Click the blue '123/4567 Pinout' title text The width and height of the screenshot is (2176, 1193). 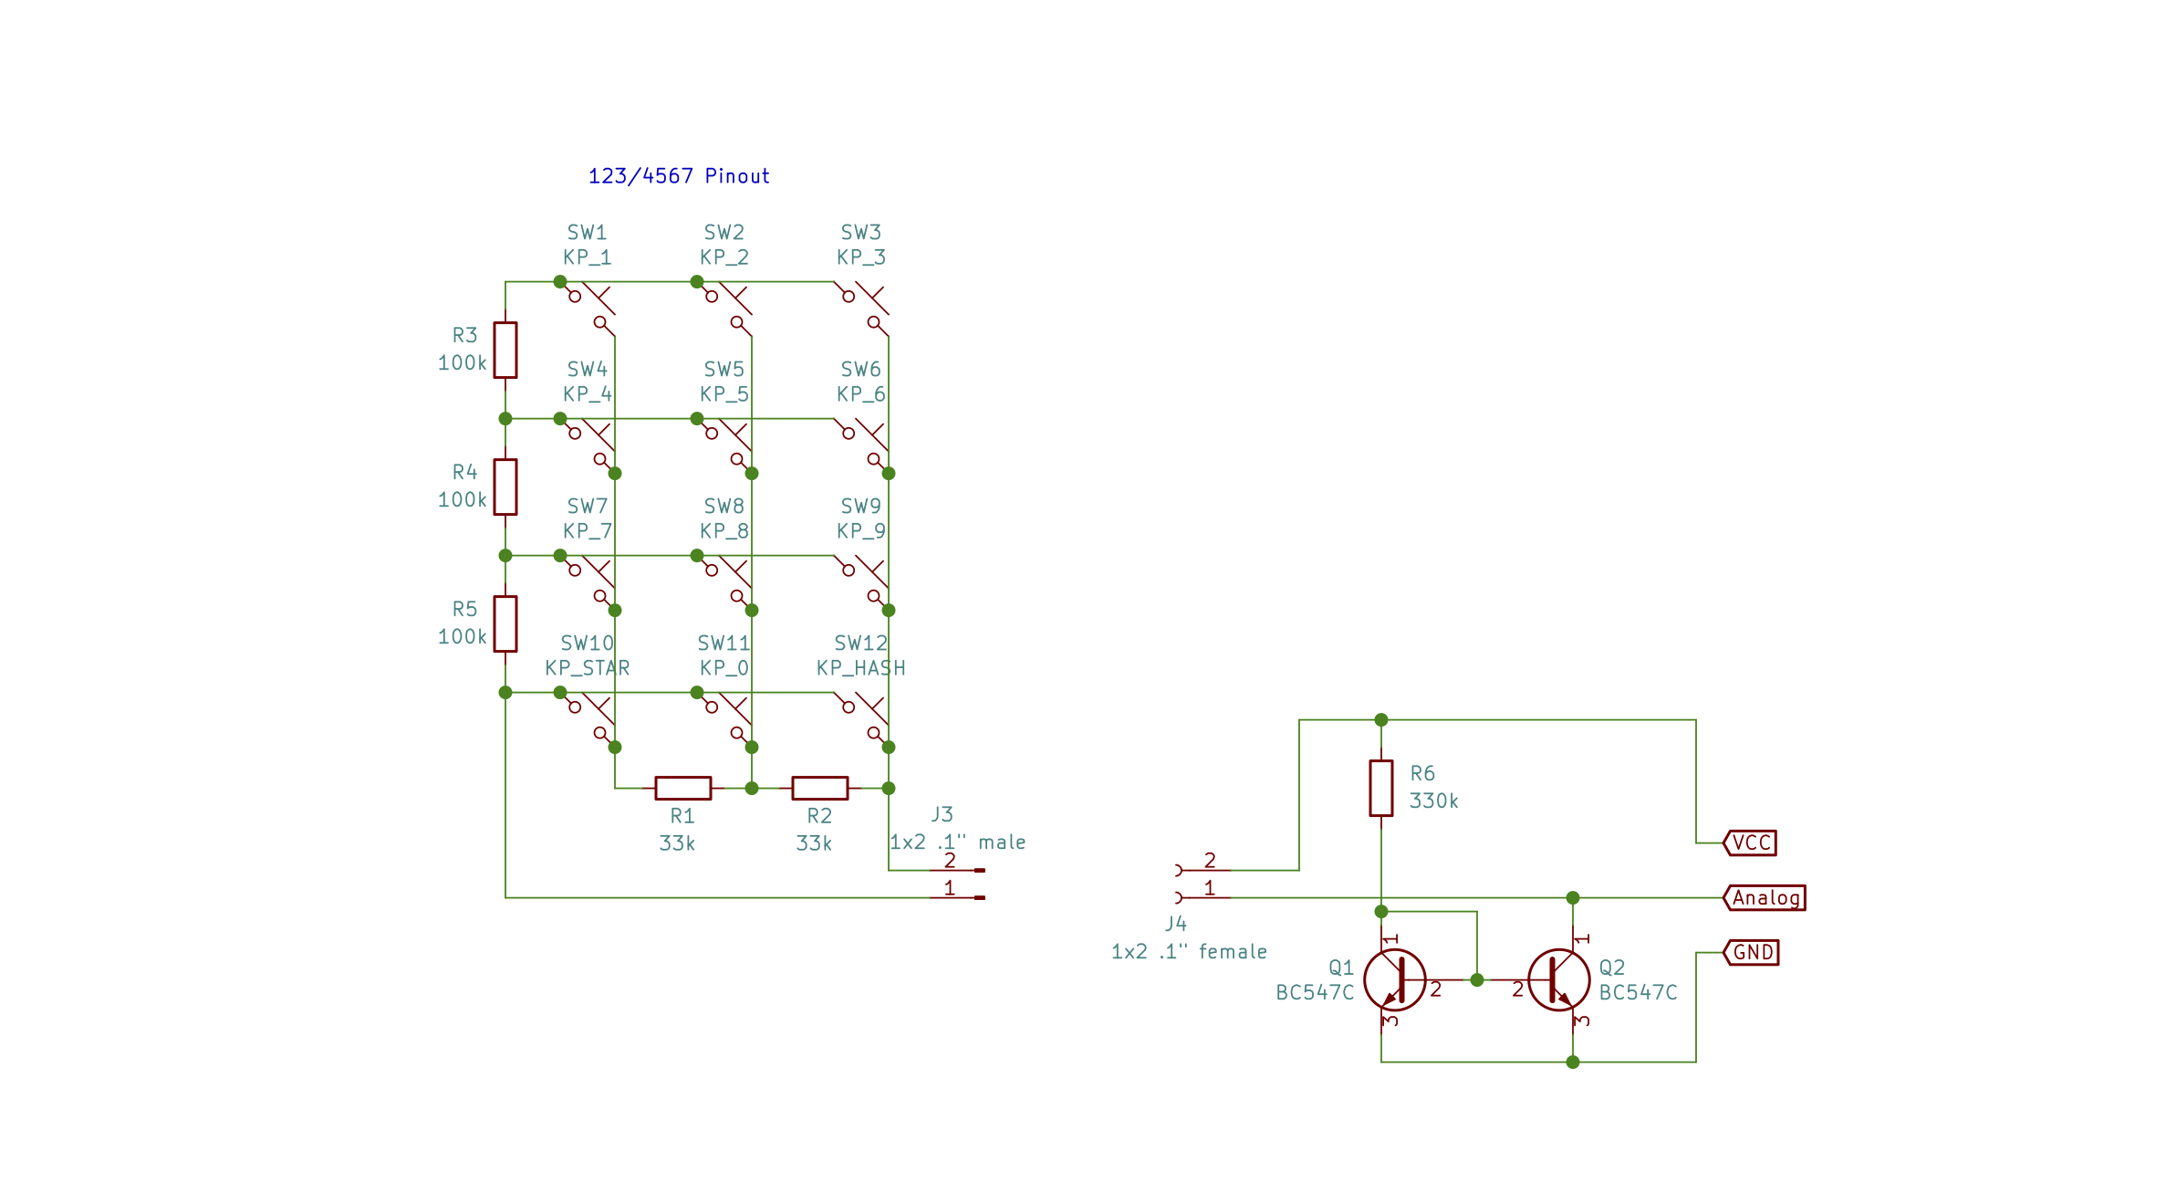pyautogui.click(x=678, y=176)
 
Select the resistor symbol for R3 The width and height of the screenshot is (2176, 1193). pyautogui.click(x=505, y=350)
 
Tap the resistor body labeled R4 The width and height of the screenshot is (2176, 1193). pyautogui.click(x=505, y=487)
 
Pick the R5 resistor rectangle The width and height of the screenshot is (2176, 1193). pyautogui.click(x=505, y=623)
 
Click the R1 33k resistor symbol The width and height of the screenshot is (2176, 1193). pyautogui.click(x=682, y=788)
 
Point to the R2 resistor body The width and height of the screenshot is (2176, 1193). pyautogui.click(x=819, y=788)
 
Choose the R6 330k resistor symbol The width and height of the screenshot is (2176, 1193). pyautogui.click(x=1380, y=788)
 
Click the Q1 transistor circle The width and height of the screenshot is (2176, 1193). pyautogui.click(x=1394, y=979)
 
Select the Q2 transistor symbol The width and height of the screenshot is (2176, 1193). pyautogui.click(x=1558, y=979)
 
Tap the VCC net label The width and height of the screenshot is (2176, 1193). pyautogui.click(x=1750, y=842)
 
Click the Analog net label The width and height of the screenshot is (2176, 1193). pyautogui.click(x=1765, y=898)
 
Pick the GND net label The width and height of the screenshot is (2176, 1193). pyautogui.click(x=1751, y=953)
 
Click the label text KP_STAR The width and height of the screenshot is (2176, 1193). pyautogui.click(x=587, y=668)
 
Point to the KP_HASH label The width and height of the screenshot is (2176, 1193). pyautogui.click(x=860, y=668)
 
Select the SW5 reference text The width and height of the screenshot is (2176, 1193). pyautogui.click(x=724, y=370)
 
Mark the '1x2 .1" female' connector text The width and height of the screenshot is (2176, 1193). pyautogui.click(x=1189, y=952)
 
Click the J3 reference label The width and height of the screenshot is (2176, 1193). pyautogui.click(x=942, y=814)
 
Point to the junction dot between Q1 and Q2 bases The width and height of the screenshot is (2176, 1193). pyautogui.click(x=1477, y=979)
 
